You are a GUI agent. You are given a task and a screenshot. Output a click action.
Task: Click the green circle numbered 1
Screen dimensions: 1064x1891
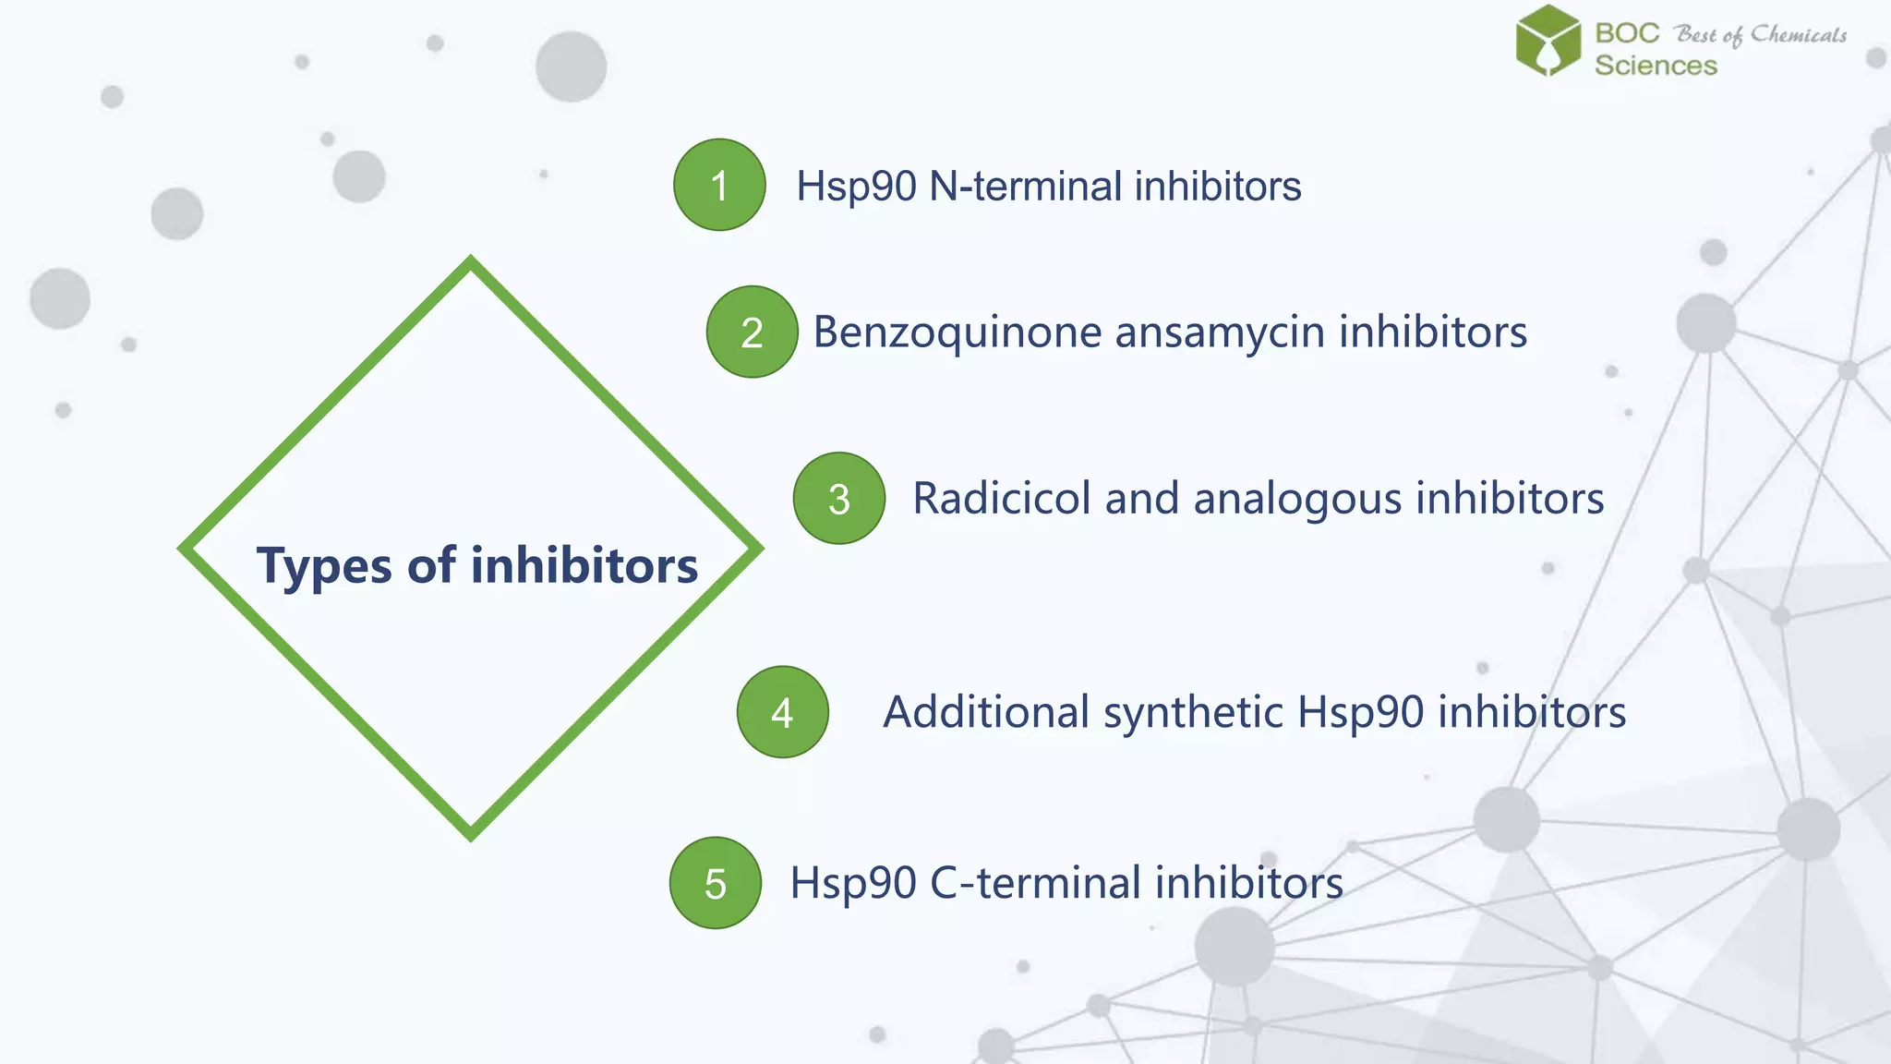coord(719,185)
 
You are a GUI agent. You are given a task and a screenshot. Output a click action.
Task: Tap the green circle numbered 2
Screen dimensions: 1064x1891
coord(752,332)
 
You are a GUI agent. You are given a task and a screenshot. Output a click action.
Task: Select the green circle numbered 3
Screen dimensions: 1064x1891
coord(838,498)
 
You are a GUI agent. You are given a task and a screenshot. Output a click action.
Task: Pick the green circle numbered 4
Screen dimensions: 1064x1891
coord(782,712)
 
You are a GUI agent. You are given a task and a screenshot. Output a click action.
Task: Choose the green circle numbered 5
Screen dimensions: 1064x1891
coord(716,883)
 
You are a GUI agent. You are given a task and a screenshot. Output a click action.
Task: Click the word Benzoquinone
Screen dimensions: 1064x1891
coord(957,332)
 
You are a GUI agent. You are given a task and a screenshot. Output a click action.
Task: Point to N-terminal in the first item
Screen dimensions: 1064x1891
coord(1026,186)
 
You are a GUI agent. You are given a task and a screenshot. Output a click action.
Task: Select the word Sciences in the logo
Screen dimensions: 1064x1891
coord(1656,66)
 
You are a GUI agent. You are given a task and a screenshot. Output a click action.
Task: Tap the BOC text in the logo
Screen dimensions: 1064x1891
coord(1627,33)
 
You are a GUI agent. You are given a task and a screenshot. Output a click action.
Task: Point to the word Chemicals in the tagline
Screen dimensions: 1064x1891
coord(1799,35)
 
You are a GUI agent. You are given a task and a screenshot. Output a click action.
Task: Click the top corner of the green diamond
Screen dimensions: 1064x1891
coord(471,262)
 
